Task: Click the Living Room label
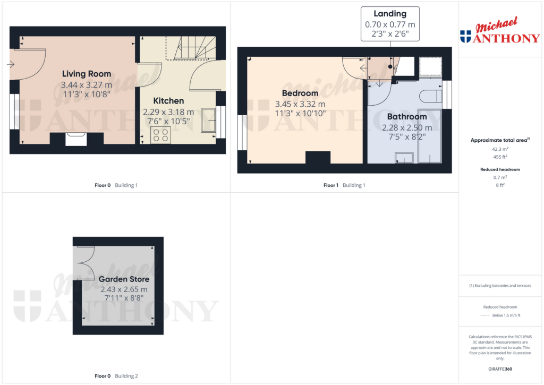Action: tap(87, 74)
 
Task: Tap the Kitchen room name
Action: tap(168, 101)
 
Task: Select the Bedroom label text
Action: tap(300, 93)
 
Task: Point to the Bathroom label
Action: tap(407, 117)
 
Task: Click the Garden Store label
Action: tap(124, 279)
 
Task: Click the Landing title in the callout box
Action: tap(390, 14)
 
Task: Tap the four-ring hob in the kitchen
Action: tap(160, 135)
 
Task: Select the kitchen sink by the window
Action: tap(208, 120)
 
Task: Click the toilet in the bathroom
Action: tap(431, 96)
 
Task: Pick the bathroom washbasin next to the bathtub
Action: tap(404, 158)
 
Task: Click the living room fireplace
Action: tap(76, 139)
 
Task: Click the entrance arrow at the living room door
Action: tap(11, 64)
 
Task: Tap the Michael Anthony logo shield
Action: tap(465, 37)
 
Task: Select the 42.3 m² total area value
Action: tap(500, 149)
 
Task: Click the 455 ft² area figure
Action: tap(500, 157)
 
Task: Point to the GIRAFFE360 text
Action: tap(500, 369)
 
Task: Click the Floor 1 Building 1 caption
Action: tap(344, 185)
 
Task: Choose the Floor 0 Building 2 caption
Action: tap(116, 376)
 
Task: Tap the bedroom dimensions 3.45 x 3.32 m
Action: tap(300, 104)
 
